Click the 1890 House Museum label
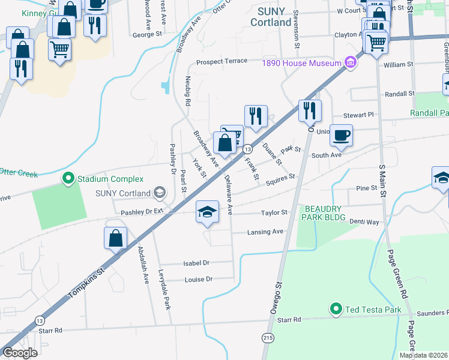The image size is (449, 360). pos(300,62)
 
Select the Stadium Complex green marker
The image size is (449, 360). pos(68,178)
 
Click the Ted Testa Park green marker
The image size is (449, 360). pos(336,310)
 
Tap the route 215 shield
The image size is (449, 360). pos(267,338)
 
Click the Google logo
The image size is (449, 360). pos(20,353)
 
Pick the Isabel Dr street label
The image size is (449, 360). pos(196,263)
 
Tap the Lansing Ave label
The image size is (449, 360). pos(265,232)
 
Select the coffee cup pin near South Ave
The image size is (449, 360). pos(342,135)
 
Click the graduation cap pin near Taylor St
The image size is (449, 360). pos(207,212)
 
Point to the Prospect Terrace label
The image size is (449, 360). pos(221,62)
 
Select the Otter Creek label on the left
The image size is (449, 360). pos(18,174)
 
